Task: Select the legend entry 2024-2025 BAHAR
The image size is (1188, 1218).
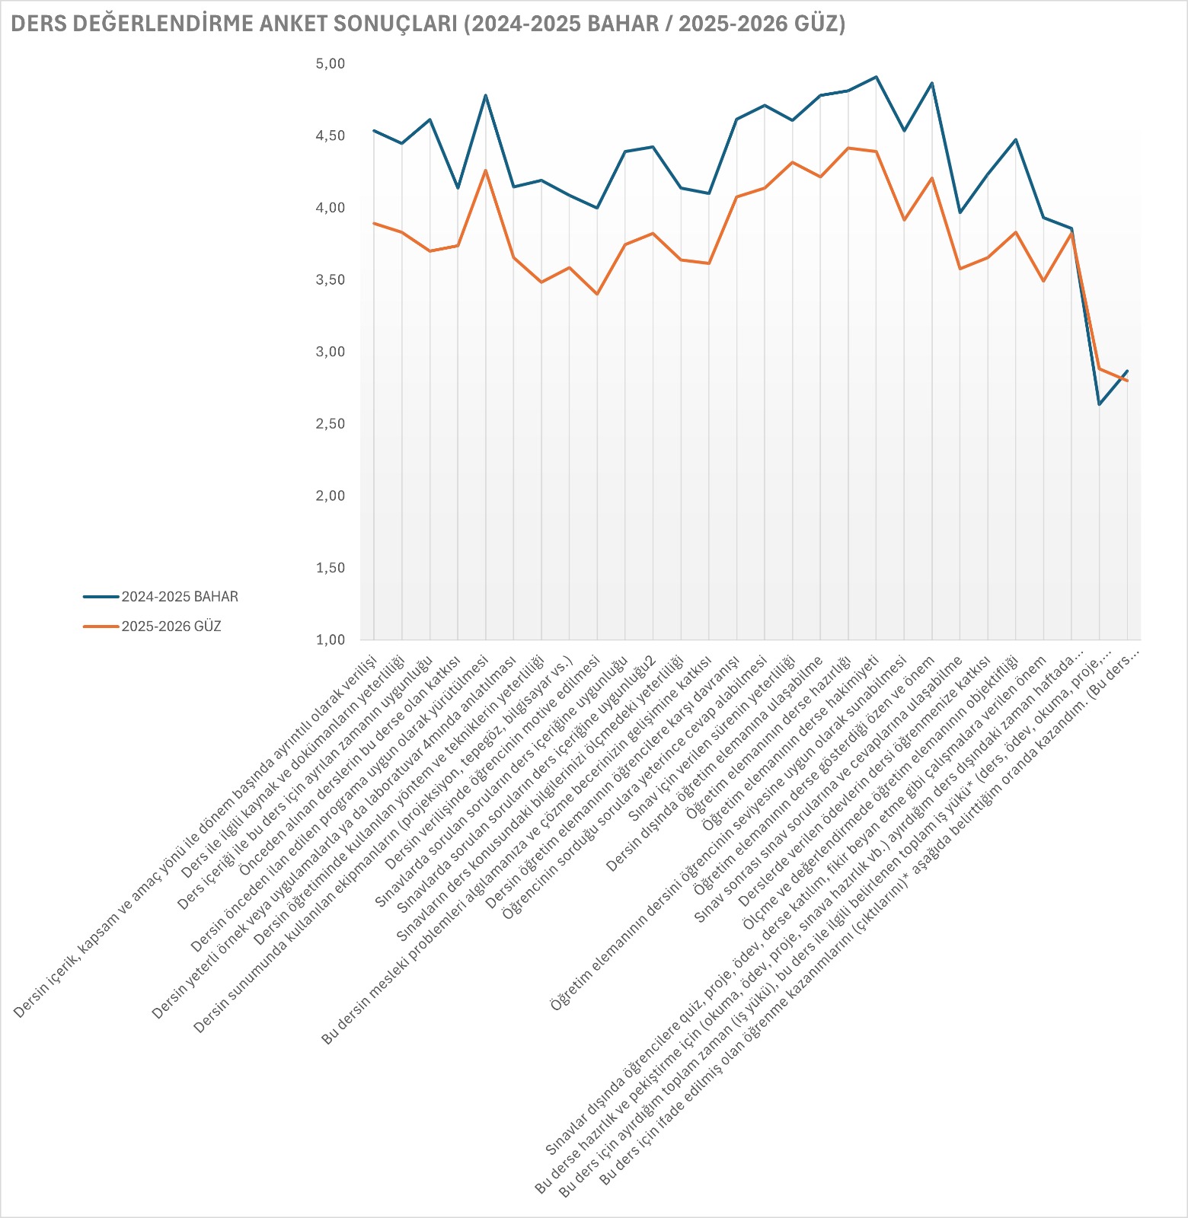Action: pos(179,597)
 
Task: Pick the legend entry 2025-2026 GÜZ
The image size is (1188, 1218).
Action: pos(171,627)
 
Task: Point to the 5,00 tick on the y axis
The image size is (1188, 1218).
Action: pos(331,64)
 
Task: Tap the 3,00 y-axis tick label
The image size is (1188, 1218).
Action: pos(331,352)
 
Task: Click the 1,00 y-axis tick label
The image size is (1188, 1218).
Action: pos(331,640)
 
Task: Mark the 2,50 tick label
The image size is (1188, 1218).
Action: pos(331,424)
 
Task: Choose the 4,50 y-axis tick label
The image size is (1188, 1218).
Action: pos(331,136)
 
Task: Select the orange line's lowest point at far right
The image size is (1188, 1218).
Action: pos(1127,381)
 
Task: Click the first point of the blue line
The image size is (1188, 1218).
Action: pos(374,131)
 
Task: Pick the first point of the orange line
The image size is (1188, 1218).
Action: pos(374,223)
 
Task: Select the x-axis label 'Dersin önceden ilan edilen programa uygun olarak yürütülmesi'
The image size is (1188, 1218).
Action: pos(343,799)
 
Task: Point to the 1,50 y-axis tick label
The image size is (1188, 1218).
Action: pos(331,568)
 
